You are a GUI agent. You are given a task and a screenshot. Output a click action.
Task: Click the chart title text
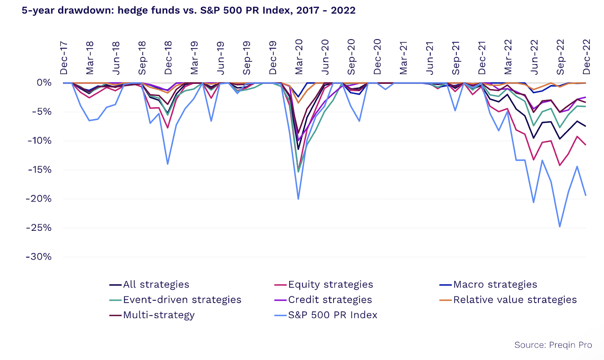coord(188,10)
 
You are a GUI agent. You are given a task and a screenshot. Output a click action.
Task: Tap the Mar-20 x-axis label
coord(299,57)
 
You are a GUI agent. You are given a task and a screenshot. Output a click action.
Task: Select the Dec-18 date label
coord(168,58)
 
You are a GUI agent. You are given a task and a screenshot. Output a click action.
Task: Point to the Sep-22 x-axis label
coord(560,57)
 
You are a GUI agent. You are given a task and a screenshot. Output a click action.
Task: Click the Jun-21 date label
coord(430,58)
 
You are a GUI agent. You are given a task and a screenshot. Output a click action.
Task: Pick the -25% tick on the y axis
coord(39,228)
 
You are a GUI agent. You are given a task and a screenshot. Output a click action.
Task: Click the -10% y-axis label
coord(39,141)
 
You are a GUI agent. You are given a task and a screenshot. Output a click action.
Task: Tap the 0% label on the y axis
coord(44,83)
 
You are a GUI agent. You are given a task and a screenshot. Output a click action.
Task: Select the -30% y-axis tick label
coord(39,257)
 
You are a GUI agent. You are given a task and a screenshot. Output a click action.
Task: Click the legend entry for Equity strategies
coord(330,284)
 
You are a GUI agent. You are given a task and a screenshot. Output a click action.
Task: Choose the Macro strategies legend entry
coord(495,284)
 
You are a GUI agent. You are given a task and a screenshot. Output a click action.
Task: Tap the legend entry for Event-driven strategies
coord(182,300)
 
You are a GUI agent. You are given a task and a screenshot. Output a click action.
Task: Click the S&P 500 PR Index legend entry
coord(332,315)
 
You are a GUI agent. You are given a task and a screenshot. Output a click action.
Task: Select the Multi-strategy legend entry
coord(159,315)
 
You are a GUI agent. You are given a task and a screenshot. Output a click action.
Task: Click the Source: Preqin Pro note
coord(553,345)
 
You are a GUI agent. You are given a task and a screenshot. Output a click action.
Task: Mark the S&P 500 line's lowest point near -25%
coord(560,227)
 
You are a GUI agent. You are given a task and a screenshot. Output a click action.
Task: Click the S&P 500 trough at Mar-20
coord(298,199)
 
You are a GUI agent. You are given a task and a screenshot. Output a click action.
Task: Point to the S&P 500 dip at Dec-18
coord(168,164)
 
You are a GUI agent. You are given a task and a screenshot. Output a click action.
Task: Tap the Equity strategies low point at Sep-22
coord(560,165)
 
